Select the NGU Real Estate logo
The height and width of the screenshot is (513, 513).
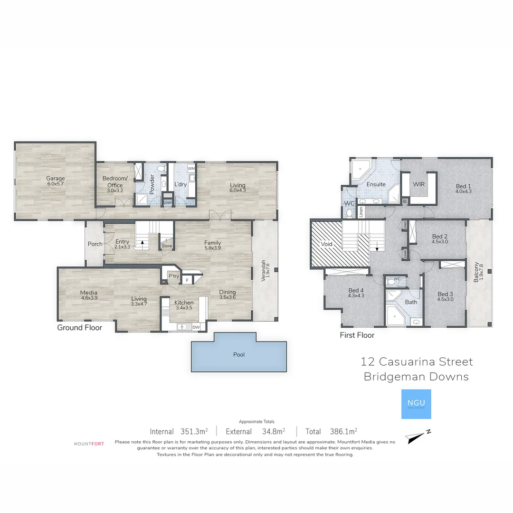416,404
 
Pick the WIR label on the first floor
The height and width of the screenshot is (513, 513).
418,184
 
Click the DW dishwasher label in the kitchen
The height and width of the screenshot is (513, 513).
196,327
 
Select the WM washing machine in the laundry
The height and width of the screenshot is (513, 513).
191,169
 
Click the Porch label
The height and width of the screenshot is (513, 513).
95,244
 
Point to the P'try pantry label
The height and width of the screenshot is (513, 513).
173,276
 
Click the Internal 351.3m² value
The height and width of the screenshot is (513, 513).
194,432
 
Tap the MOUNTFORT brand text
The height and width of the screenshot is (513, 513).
89,444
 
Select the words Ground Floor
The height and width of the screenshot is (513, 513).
79,327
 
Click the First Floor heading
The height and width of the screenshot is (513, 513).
357,335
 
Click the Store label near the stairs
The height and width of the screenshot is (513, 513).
166,246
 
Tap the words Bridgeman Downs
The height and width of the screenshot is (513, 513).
416,377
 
